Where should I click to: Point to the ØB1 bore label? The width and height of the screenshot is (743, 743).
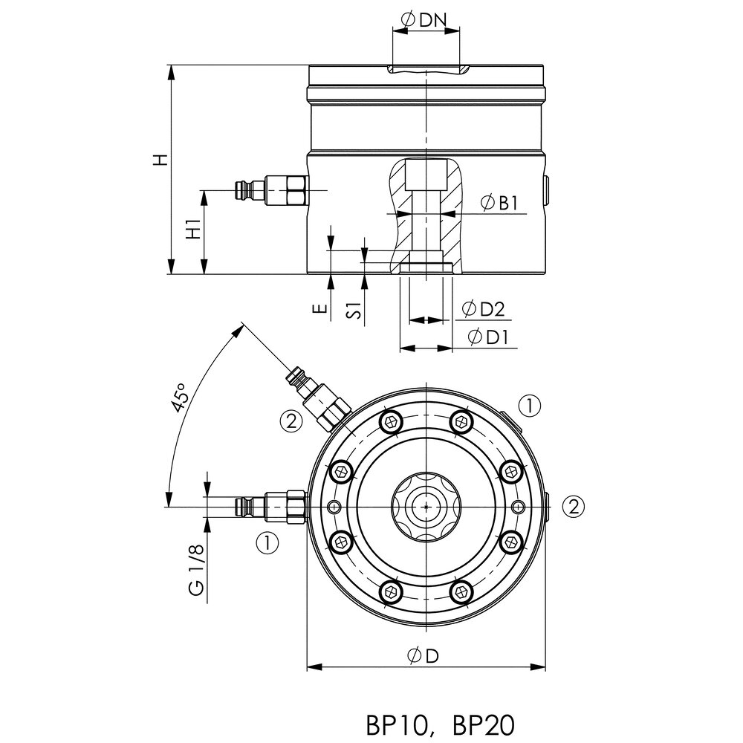tap(499, 203)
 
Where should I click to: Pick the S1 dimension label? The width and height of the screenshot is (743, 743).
tap(357, 311)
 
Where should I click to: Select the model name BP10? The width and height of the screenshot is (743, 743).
tap(396, 724)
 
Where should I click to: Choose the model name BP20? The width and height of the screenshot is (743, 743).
tap(481, 724)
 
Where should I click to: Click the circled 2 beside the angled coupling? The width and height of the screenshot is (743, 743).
tap(291, 421)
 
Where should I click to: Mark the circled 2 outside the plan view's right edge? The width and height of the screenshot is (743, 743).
tap(573, 506)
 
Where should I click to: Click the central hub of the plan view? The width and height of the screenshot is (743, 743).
tap(425, 506)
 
